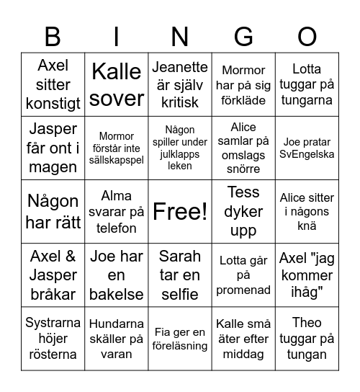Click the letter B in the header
(53, 36)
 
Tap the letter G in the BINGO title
(243, 36)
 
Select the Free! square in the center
(180, 211)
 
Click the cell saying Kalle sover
(117, 84)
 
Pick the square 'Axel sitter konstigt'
(53, 84)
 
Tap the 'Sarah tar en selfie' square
(180, 275)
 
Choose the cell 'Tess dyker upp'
(243, 211)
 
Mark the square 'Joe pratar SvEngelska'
(307, 148)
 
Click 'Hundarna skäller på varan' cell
(117, 338)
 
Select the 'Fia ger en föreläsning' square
(180, 338)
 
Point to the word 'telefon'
(117, 228)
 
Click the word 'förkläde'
(243, 100)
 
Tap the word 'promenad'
(243, 290)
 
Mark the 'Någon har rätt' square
(53, 211)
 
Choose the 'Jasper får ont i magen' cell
(53, 148)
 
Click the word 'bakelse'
(117, 293)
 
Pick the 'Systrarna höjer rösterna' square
(53, 338)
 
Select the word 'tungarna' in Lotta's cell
(307, 100)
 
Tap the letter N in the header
(180, 36)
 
